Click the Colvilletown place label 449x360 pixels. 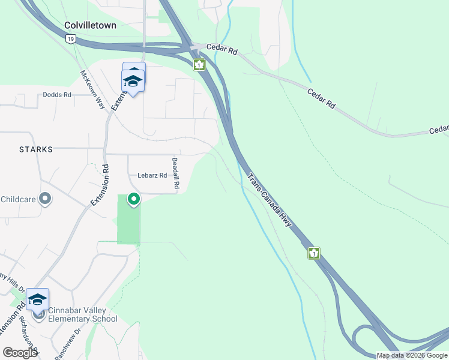(x=91, y=25)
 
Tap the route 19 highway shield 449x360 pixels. (x=71, y=38)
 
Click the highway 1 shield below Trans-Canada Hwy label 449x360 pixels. (x=313, y=253)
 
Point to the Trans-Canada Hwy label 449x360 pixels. (x=270, y=200)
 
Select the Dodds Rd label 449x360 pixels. (x=57, y=95)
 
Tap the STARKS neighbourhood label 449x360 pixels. (x=35, y=149)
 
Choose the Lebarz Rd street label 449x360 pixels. (x=152, y=175)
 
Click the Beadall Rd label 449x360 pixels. (x=175, y=174)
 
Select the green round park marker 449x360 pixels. (x=134, y=199)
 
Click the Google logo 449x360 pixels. (x=19, y=353)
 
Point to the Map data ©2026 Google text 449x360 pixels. (x=412, y=355)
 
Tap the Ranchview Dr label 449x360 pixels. (x=71, y=344)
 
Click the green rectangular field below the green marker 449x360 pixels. (x=128, y=225)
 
